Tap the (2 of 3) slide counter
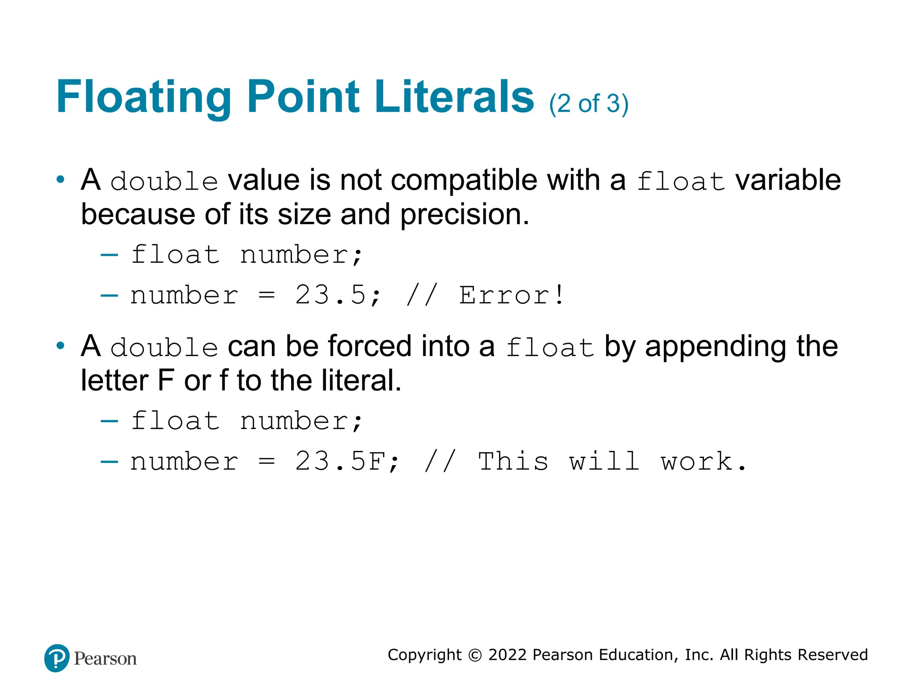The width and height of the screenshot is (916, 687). point(589,104)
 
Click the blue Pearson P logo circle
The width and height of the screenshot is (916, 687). point(57,658)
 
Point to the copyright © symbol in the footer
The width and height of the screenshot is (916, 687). point(475,655)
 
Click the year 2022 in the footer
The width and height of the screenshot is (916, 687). point(507,655)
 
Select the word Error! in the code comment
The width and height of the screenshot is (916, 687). point(512,296)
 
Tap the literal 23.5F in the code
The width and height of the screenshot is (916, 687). point(340,462)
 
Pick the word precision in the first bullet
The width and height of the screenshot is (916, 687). point(464,215)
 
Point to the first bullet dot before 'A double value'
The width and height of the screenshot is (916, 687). point(60,180)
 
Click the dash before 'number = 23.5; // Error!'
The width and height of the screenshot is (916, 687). point(110,296)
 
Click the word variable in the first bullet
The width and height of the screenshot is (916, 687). point(788,180)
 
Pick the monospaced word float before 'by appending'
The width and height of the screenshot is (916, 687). point(550,348)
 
